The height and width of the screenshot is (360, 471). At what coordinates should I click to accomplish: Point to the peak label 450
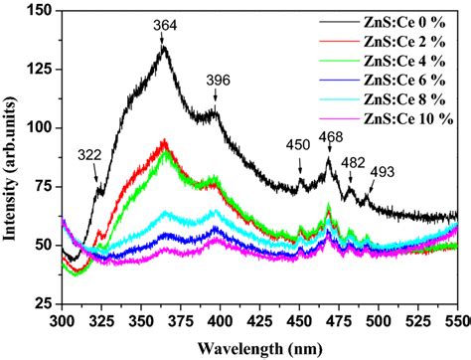[299, 145]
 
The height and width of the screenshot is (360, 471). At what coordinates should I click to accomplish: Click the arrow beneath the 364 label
[163, 39]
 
